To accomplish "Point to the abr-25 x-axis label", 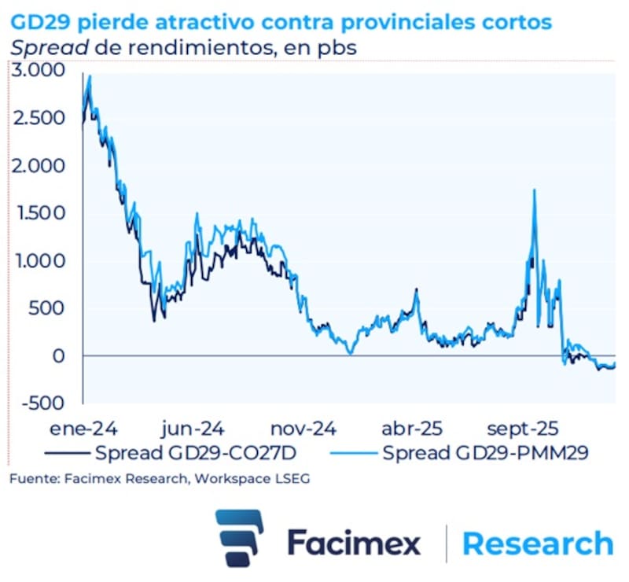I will point(413,429).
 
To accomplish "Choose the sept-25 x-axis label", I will point(522,429).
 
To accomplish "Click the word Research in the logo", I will point(538,543).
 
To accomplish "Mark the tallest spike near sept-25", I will point(535,190).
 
